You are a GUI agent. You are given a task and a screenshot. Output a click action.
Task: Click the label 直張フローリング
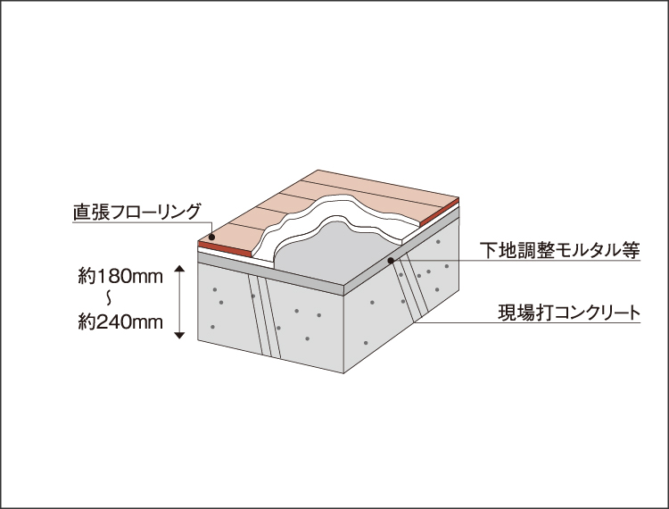137,213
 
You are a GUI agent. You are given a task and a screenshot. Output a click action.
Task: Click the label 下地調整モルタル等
560,251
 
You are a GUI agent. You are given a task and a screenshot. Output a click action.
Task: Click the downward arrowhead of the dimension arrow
179,334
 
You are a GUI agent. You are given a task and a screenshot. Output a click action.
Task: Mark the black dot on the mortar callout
391,261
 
